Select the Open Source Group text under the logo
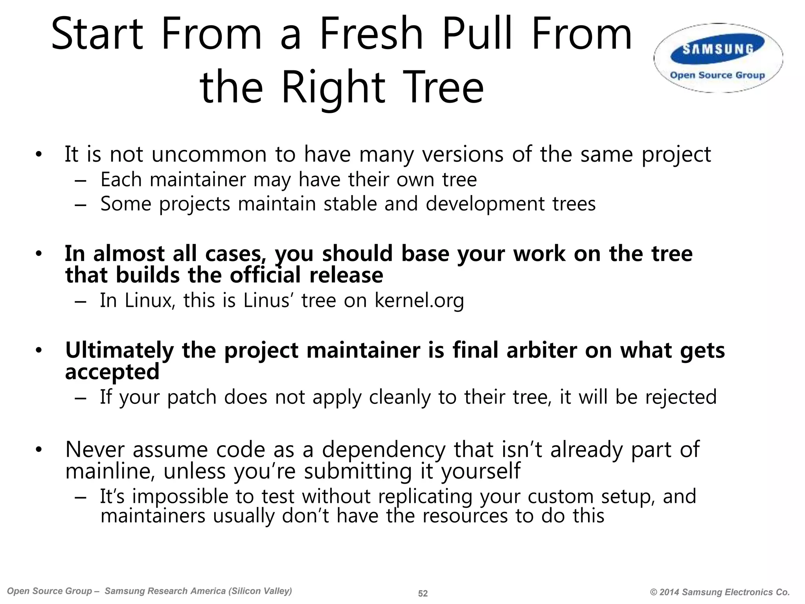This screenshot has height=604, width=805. click(717, 75)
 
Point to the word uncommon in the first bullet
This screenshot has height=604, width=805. click(209, 155)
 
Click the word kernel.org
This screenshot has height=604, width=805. click(419, 300)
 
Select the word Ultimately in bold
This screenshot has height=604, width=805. click(119, 350)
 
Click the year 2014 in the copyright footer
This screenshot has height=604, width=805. click(669, 592)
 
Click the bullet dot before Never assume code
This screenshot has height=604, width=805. click(38, 450)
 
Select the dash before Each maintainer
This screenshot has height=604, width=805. click(80, 181)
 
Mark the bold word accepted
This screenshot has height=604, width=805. click(112, 372)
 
